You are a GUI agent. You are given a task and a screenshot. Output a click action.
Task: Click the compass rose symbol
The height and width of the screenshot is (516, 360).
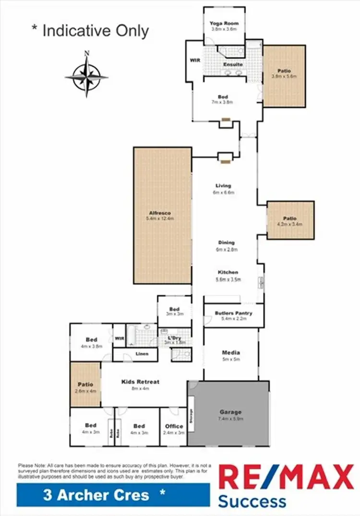pyautogui.click(x=86, y=75)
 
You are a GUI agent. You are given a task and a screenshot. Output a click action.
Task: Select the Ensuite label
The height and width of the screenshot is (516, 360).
pyautogui.click(x=233, y=64)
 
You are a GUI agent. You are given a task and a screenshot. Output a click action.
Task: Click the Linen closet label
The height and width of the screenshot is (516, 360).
pyautogui.click(x=142, y=355)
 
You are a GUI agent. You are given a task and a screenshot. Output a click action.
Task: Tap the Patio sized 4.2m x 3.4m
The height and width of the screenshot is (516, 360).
pyautogui.click(x=290, y=220)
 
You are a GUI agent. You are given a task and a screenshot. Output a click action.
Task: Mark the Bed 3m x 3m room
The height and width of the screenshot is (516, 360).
pyautogui.click(x=174, y=311)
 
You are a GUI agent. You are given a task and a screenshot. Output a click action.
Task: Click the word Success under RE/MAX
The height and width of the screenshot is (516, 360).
pyautogui.click(x=252, y=502)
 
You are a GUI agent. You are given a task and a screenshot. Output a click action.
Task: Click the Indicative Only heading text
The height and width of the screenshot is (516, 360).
pyautogui.click(x=90, y=31)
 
